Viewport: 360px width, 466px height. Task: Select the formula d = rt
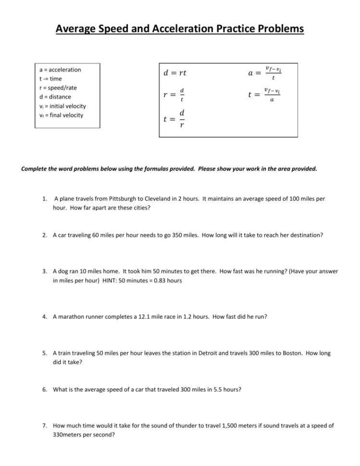point(175,74)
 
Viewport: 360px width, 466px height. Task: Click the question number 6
point(45,390)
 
